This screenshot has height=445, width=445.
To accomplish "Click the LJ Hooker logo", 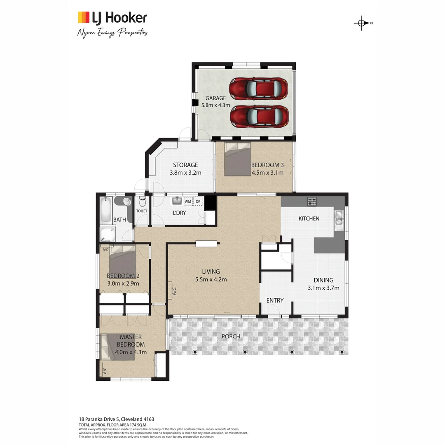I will point(112,18).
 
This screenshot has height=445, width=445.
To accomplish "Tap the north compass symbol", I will point(361,23).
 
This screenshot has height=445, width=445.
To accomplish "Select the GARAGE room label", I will point(216,98).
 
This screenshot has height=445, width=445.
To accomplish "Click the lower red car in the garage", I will point(258,116).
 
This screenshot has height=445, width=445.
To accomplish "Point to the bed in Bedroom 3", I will point(238,159).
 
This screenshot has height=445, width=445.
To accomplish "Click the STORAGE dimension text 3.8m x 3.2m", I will point(185,173).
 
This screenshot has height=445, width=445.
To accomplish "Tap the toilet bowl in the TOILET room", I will point(143,202).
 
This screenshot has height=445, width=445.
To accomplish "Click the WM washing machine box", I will point(187,201).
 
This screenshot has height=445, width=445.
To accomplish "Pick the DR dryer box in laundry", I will point(198,201).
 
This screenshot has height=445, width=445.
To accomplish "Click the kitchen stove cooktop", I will point(312,201).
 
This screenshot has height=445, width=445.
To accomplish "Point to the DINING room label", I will point(323,280).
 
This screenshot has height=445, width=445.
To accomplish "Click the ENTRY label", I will point(275,300).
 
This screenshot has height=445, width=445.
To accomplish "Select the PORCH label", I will point(231,336).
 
